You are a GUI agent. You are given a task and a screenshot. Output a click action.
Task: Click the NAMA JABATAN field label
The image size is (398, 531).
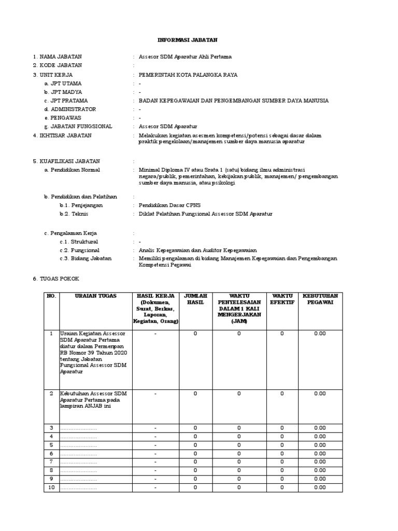[x=60, y=57]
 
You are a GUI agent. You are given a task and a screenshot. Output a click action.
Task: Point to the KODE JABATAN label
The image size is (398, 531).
[x=60, y=65]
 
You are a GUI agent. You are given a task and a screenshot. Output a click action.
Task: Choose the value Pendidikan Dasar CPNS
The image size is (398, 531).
[x=168, y=205]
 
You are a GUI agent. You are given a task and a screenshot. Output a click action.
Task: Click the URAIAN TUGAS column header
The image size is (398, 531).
[x=96, y=296]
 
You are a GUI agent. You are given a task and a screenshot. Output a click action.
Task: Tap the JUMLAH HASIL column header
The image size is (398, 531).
[x=195, y=299]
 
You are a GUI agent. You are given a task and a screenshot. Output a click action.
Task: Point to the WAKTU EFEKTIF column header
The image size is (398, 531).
[x=282, y=299]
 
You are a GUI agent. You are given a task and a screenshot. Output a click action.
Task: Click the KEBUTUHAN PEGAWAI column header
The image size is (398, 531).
[x=320, y=299]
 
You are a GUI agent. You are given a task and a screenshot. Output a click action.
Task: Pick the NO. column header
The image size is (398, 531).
[x=51, y=296]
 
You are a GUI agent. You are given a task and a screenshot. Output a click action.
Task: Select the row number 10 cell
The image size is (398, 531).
[x=51, y=488]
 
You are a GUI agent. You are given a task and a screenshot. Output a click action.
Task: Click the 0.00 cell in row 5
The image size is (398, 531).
[x=320, y=445]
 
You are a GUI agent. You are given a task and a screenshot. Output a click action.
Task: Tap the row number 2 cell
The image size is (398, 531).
[x=51, y=394]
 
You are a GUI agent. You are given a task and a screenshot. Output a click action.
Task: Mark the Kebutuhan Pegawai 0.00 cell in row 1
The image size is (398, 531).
[x=320, y=334]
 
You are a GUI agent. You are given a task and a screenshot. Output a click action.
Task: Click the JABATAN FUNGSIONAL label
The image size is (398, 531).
[x=78, y=127]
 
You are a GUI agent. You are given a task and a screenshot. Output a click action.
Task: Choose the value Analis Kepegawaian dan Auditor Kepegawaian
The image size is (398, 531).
[x=197, y=250]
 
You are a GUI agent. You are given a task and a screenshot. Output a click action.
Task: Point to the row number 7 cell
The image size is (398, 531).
[x=51, y=462]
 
